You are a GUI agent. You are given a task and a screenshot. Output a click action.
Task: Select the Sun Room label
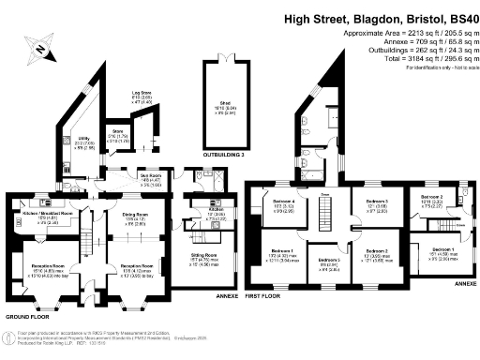click(x=152, y=179)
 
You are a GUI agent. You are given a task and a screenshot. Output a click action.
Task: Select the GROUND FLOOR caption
click(x=25, y=318)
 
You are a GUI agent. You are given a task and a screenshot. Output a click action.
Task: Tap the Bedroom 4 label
click(x=285, y=202)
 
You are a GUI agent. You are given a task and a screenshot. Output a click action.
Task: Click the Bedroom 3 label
click(x=376, y=202)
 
